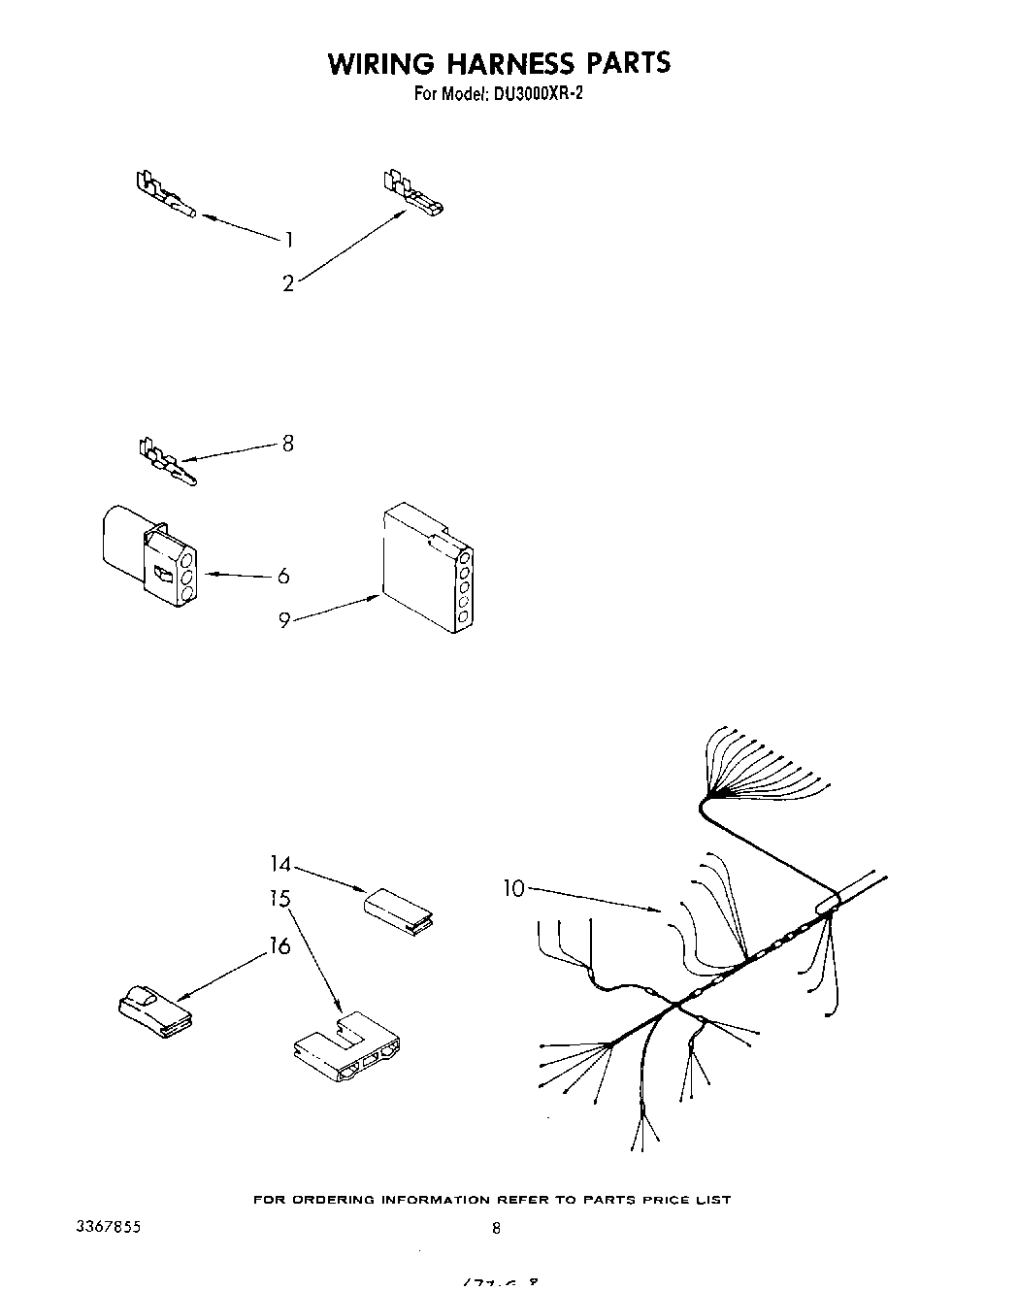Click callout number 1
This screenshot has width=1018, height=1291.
tap(288, 240)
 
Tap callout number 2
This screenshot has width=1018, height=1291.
tap(288, 283)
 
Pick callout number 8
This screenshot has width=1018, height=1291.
tap(287, 444)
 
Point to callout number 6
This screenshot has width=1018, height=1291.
tap(283, 576)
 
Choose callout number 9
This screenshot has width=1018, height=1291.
tap(284, 619)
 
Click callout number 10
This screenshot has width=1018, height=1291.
tap(513, 887)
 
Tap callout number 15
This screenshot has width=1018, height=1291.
tap(280, 899)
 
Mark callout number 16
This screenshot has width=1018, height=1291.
tap(280, 945)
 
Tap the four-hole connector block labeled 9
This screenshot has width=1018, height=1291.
tap(427, 567)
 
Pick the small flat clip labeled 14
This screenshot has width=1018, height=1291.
tap(398, 910)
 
